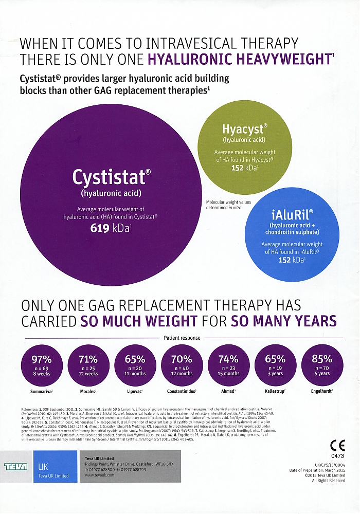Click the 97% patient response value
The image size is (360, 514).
pos(42,359)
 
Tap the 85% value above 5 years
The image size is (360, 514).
pos(321,359)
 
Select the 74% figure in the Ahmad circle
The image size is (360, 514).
pos(228,359)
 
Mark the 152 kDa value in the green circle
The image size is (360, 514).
pos(244,167)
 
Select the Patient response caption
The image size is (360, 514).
pos(182,338)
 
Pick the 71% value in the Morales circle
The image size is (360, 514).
pos(88,359)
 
